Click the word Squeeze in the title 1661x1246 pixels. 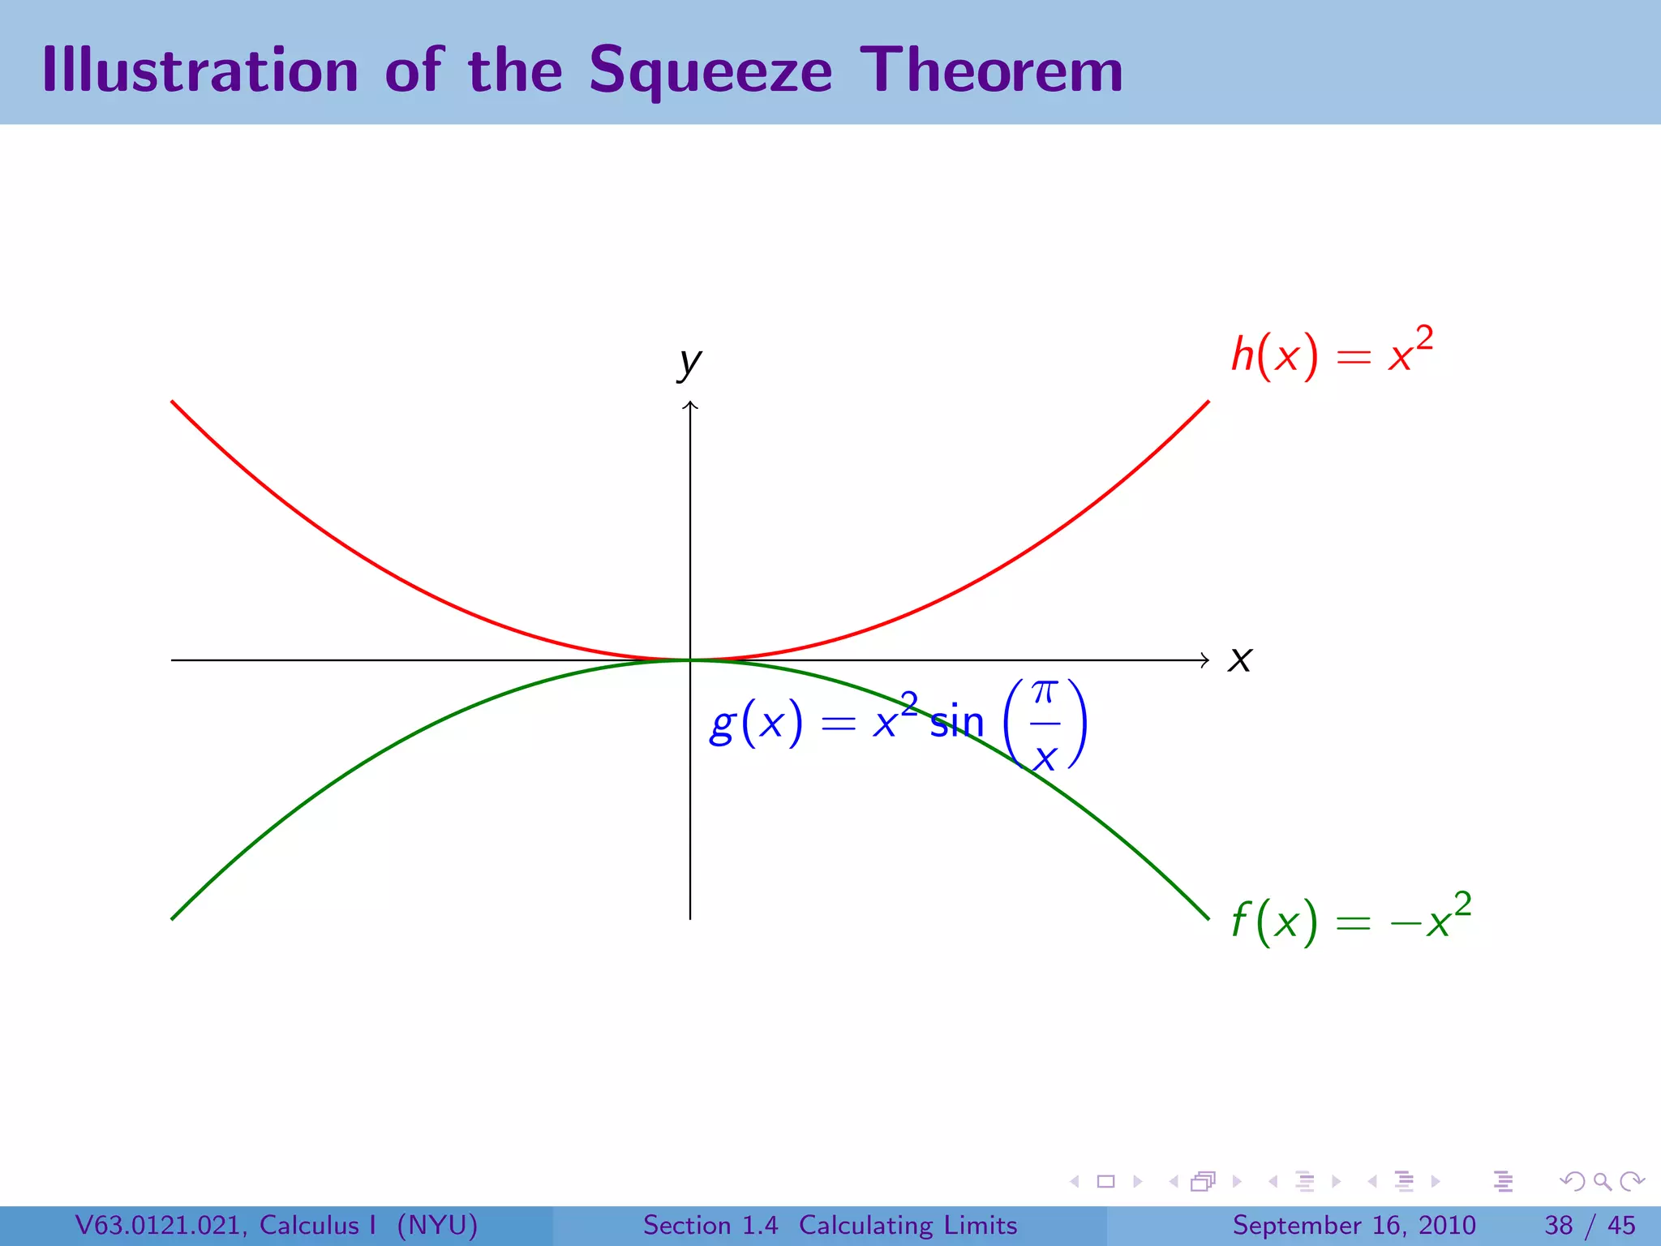pos(710,71)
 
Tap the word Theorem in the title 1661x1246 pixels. pos(991,70)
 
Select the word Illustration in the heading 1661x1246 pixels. pos(200,70)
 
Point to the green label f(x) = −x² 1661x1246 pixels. pos(1350,919)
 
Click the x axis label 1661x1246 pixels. pos(1240,660)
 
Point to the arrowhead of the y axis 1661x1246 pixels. pos(690,404)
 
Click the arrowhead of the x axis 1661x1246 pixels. pos(1206,660)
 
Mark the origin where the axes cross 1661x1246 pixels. pos(690,660)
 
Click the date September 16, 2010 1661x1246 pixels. pos(1354,1225)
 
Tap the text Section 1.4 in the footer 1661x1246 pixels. pos(710,1225)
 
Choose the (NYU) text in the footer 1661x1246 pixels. pos(437,1225)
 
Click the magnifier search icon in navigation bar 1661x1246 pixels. pos(1602,1181)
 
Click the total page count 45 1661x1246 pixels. pos(1621,1225)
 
